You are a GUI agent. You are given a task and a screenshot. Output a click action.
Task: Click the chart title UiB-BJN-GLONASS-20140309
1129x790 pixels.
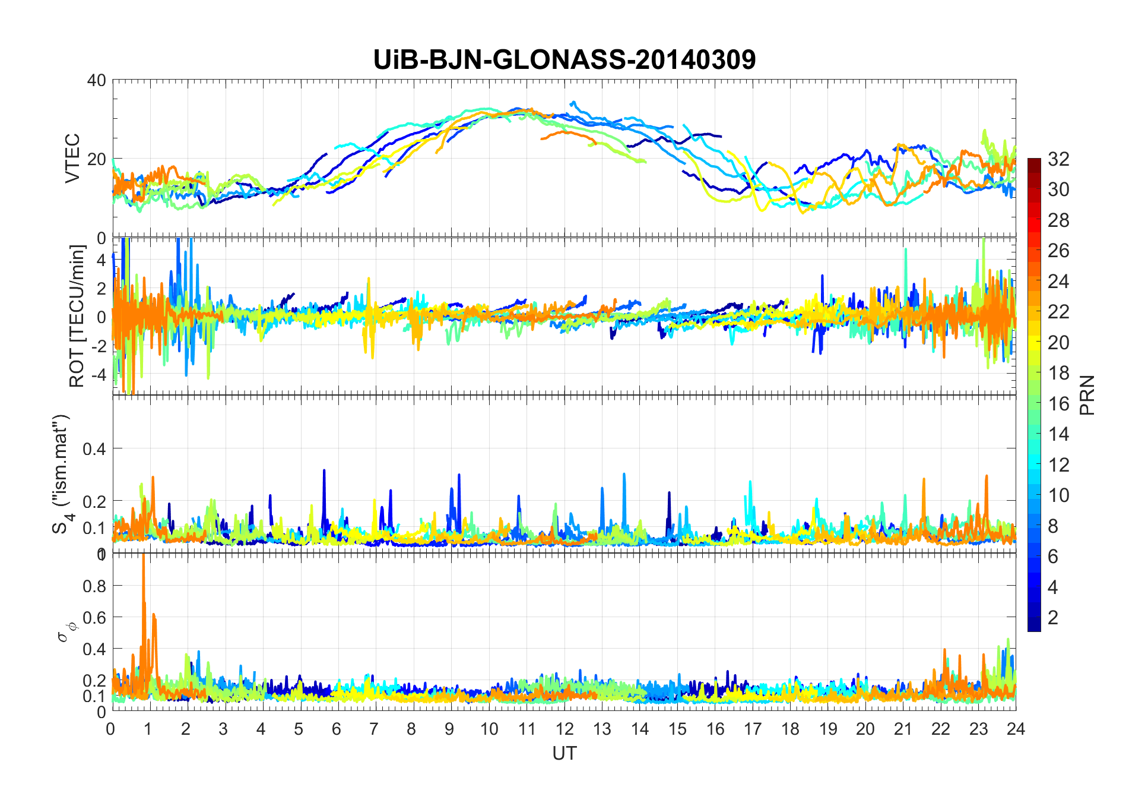tap(564, 59)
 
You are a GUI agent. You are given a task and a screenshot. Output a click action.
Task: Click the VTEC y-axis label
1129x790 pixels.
tap(72, 158)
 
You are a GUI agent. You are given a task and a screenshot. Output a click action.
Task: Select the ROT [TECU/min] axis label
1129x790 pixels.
tap(77, 316)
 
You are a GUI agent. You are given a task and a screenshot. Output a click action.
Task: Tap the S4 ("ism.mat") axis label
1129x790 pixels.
tap(62, 474)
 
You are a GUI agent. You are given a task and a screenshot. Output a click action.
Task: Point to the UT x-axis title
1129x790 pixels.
tap(564, 753)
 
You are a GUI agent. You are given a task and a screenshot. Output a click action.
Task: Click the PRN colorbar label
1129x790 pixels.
tap(1087, 395)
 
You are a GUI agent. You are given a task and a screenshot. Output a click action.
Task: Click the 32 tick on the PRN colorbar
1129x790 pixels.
tap(1058, 159)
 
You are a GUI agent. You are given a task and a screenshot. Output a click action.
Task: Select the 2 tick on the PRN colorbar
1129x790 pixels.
tap(1052, 617)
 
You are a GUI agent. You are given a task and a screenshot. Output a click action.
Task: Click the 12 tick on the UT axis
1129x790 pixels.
tap(564, 729)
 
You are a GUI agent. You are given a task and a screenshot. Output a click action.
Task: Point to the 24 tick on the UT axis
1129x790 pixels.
tap(1016, 729)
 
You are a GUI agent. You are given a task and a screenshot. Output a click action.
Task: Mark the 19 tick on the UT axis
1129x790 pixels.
tap(827, 729)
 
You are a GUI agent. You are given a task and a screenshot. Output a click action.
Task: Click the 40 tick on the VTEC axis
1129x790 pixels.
tap(96, 80)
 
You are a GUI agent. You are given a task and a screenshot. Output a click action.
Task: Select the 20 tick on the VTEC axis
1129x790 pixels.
tap(96, 159)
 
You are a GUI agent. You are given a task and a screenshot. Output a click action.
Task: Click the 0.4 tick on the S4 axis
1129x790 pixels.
tap(94, 448)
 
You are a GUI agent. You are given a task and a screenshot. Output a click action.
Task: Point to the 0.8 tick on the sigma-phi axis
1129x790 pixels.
tap(94, 586)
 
